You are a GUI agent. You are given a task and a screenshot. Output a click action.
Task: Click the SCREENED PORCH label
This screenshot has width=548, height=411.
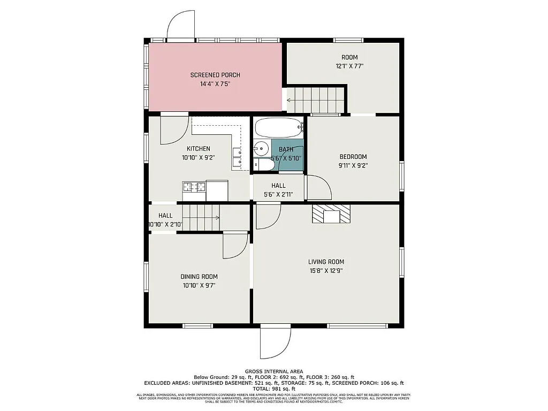[215, 75]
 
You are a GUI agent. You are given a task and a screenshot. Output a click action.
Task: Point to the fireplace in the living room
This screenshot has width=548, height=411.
[331, 214]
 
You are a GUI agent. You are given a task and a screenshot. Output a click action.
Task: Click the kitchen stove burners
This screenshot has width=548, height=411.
[194, 187]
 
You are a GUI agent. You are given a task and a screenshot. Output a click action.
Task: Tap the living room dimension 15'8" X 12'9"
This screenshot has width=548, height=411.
[326, 271]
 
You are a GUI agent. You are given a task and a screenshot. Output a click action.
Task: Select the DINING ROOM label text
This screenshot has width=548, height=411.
[199, 277]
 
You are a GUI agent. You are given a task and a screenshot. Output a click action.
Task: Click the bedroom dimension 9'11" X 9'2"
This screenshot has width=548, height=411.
[353, 165]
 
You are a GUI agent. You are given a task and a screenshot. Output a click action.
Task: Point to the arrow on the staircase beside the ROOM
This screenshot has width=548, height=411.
[290, 100]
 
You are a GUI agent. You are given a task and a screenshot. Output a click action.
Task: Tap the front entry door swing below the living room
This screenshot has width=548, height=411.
[276, 342]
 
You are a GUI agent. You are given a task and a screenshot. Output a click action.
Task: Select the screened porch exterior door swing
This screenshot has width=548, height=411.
[180, 24]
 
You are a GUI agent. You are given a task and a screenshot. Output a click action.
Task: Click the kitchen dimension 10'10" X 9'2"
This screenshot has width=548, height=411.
[198, 157]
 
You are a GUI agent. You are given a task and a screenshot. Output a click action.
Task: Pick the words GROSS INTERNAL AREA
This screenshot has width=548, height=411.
[274, 371]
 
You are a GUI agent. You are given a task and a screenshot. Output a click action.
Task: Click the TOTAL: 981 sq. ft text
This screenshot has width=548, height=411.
[274, 389]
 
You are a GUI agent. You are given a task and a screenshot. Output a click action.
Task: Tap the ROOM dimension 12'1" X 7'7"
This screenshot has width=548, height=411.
[349, 66]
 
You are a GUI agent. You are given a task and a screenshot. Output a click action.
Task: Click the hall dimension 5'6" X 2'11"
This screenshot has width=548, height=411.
[278, 194]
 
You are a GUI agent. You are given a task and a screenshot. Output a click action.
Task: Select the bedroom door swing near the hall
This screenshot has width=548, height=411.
[319, 187]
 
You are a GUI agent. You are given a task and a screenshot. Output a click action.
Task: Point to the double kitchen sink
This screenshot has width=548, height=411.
[237, 156]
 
